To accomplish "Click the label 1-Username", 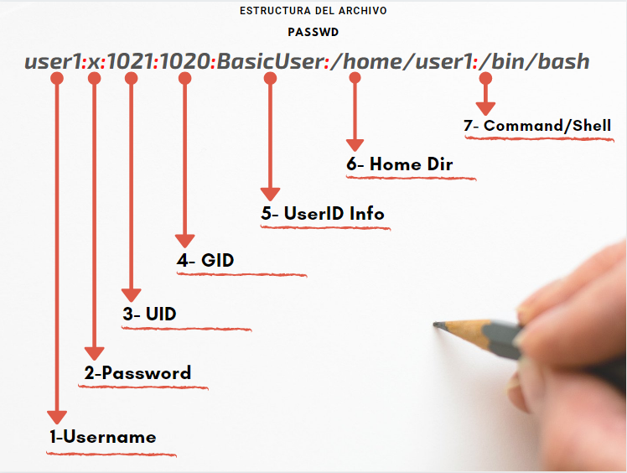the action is pos(103,437).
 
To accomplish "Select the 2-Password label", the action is pos(137,373).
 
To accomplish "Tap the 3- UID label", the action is pos(149,314).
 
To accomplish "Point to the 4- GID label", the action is pos(205,260).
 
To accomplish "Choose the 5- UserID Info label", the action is pos(323,213).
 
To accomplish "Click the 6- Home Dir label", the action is pos(400,164).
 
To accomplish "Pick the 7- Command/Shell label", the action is pos(537,126).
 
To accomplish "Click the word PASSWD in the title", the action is pos(313,32).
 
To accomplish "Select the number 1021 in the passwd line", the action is pos(131,61).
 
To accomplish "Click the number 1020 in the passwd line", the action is pos(184,61).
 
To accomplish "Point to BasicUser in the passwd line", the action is pos(270,61).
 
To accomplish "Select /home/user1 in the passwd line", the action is pos(402,61).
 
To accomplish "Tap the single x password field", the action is pos(94,62).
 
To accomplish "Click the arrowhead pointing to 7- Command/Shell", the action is pos(485,109).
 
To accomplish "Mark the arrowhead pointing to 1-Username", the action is pos(57,418).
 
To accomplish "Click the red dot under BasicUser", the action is pos(270,78).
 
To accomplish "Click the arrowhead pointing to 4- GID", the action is pos(184,241).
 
